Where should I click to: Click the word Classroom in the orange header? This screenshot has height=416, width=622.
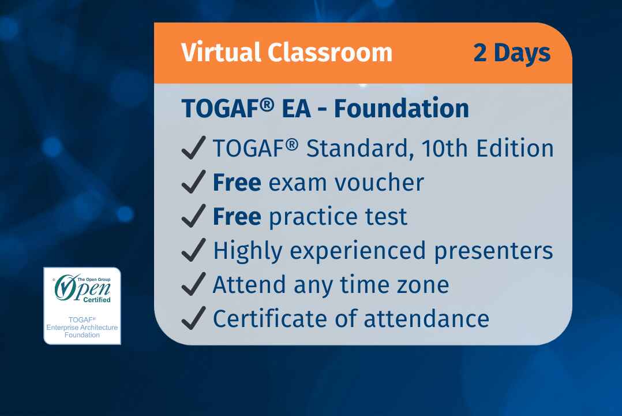coord(329,53)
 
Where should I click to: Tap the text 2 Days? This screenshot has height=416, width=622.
coord(511,53)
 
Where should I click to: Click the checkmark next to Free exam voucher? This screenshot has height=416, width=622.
coord(193,183)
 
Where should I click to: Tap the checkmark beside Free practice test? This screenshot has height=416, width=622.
coord(193,217)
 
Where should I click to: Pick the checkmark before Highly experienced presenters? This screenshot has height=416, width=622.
coord(193,251)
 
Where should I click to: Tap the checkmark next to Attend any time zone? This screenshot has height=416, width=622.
coord(193,284)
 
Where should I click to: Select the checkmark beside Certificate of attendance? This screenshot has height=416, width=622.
coord(193,318)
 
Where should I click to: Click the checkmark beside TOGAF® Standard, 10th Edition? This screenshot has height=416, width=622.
coord(193,149)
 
